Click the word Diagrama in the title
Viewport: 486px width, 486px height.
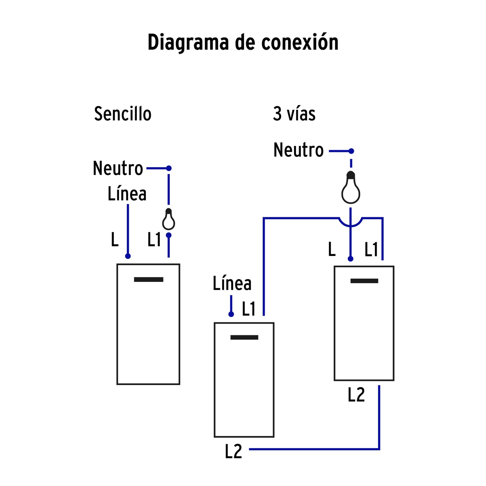[x=189, y=43]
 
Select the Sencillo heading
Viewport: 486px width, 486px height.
[x=123, y=114]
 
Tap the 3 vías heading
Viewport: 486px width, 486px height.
[x=294, y=114]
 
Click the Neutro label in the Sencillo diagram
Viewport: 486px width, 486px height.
[x=118, y=168]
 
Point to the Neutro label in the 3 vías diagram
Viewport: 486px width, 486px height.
[x=298, y=150]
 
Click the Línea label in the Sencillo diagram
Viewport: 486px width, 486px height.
[x=127, y=194]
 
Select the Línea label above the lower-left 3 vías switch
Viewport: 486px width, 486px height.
[x=232, y=284]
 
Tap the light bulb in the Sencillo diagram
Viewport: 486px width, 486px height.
[x=169, y=220]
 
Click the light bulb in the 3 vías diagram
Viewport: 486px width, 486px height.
[x=351, y=188]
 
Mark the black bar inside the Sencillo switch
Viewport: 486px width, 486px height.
[x=149, y=279]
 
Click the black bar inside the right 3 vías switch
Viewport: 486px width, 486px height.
[x=364, y=281]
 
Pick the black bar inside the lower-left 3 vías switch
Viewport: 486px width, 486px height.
[x=244, y=337]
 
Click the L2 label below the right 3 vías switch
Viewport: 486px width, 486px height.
[x=356, y=395]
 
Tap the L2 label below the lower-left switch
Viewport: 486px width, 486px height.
[x=233, y=451]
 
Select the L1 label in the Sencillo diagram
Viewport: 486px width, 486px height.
[x=154, y=240]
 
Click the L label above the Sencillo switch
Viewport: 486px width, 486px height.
[x=115, y=240]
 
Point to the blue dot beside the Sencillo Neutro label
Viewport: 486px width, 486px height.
[x=169, y=168]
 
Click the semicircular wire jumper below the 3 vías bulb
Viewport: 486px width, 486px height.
[x=350, y=222]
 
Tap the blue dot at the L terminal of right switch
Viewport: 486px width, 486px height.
[x=350, y=259]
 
